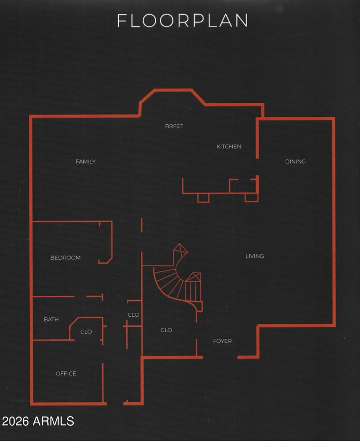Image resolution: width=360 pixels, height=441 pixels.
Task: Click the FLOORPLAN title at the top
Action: pos(182,21)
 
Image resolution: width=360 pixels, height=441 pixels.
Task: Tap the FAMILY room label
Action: pos(86,162)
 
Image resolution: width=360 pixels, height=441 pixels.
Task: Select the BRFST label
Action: pos(174,126)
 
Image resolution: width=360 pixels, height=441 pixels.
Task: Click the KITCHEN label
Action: pos(229,147)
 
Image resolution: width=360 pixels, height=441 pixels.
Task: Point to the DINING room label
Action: pos(295,162)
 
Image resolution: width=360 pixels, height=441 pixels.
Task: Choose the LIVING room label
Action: pos(255,256)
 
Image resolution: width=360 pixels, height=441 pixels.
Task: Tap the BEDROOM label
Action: pos(66,257)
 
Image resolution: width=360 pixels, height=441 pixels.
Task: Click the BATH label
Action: pos(51,319)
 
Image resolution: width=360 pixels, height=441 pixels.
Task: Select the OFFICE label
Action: pos(66,373)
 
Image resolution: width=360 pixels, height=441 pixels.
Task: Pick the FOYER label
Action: pos(222,341)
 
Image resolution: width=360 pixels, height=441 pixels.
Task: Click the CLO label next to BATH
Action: pos(86,332)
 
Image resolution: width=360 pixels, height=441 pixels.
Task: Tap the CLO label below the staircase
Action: pos(166,330)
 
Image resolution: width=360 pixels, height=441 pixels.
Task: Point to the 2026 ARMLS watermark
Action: pos(38,421)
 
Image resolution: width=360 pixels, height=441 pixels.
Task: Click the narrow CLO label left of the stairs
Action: pos(133,315)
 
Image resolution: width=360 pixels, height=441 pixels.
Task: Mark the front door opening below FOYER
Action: pos(220,357)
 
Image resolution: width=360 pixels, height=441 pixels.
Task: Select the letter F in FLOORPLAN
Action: pos(121,21)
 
